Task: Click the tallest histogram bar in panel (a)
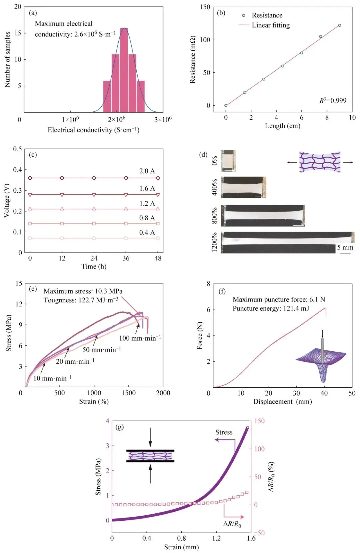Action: (x=124, y=70)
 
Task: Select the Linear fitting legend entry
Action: (x=270, y=25)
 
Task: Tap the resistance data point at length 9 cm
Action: (x=339, y=25)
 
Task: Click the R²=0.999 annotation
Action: (x=333, y=101)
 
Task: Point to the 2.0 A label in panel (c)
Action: (x=147, y=171)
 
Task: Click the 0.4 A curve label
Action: (x=147, y=232)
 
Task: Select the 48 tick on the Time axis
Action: (x=158, y=258)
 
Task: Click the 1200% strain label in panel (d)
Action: (x=215, y=242)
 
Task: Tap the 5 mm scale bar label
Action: (x=345, y=247)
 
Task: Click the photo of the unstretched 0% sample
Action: (x=228, y=161)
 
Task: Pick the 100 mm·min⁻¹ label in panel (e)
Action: (x=140, y=338)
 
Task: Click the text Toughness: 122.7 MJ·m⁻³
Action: (x=81, y=300)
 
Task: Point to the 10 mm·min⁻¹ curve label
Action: (x=52, y=378)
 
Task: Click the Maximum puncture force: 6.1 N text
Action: (x=279, y=299)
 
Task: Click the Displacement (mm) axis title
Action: (x=282, y=402)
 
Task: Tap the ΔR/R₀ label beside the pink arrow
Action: (x=232, y=524)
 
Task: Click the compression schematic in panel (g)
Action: (x=150, y=456)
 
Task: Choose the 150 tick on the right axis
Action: (x=259, y=421)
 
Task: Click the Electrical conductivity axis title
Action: (x=93, y=130)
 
